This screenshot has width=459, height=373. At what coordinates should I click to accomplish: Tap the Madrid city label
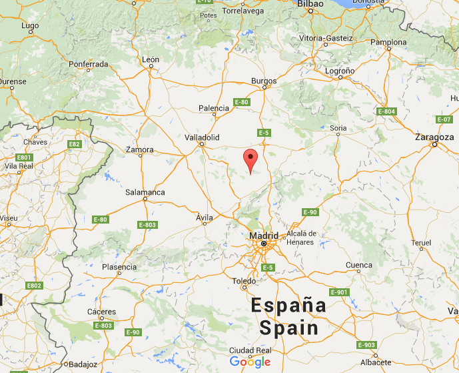coord(263,236)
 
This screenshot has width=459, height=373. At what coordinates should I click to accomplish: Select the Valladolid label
coord(202,137)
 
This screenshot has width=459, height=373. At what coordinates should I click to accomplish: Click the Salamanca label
coord(145,192)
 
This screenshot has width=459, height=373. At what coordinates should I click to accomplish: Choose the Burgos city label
coord(264,81)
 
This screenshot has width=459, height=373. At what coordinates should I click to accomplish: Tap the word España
coord(288,306)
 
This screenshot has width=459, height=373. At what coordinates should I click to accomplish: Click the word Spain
coord(288,328)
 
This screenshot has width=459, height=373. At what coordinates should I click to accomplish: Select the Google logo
coord(250,362)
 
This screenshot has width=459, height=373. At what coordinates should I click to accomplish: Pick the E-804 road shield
coord(386,111)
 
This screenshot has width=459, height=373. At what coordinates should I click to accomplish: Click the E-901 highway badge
coord(338,292)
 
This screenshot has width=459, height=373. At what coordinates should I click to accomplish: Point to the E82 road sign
coord(75,143)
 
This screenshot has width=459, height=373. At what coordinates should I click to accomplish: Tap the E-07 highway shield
coord(444,119)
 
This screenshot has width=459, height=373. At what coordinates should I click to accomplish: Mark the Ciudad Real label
coord(250,350)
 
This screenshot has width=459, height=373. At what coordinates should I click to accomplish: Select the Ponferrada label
coord(89,64)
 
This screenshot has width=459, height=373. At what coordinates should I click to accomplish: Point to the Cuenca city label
coord(359,266)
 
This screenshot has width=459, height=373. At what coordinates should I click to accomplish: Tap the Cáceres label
coord(101,312)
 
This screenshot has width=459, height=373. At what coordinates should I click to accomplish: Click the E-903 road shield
coord(366,345)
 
